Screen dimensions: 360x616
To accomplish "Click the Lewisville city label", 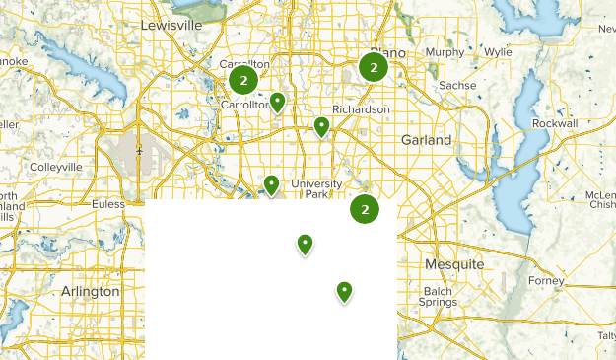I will tap(171, 24).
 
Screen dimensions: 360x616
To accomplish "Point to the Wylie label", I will tap(498, 51).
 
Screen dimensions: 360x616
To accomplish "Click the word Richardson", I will tap(361, 108).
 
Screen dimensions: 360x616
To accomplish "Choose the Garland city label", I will tap(426, 141).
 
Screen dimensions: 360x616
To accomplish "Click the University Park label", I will tap(315, 189).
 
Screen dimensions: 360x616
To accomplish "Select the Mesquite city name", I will tap(453, 265).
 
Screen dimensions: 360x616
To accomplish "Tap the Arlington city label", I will tap(90, 292).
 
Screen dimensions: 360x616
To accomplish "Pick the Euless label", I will tap(107, 204).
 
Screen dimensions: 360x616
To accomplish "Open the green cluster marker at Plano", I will tap(373, 67).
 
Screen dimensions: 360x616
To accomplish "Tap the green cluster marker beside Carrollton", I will tap(242, 79).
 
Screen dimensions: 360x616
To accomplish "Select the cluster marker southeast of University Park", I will tap(365, 209).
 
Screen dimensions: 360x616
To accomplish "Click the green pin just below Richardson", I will tap(321, 125).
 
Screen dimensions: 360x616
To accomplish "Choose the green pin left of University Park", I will tap(271, 182).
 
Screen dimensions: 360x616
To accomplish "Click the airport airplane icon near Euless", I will tap(141, 150).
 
